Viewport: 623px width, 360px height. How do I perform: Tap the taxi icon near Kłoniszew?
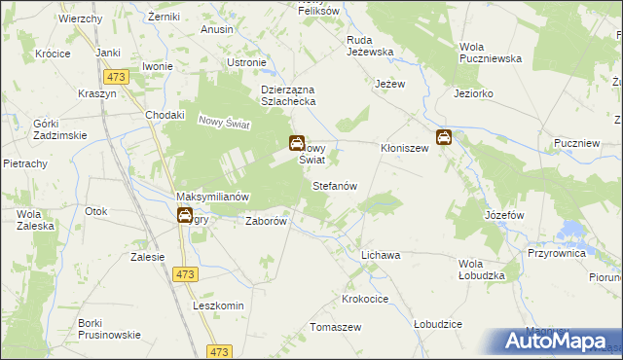(x=443, y=137)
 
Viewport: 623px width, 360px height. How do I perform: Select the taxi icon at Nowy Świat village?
(x=296, y=144)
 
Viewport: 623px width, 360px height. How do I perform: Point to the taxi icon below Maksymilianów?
(x=185, y=217)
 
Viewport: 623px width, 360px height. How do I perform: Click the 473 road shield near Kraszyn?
(x=118, y=76)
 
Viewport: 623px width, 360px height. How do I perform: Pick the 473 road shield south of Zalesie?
(x=185, y=275)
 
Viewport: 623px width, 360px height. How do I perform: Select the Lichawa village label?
(x=381, y=255)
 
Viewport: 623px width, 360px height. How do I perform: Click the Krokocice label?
(x=366, y=299)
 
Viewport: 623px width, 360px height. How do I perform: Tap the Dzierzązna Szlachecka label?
(x=288, y=97)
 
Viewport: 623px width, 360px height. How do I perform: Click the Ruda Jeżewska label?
(x=370, y=47)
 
